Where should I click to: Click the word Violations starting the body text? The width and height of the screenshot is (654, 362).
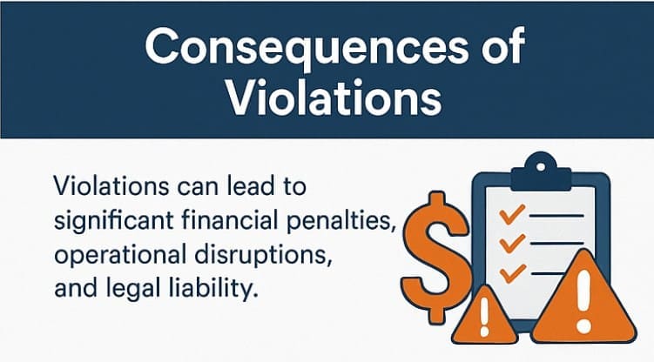click(111, 185)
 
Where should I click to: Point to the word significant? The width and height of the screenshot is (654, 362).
click(114, 221)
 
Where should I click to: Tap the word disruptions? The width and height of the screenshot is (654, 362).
click(263, 255)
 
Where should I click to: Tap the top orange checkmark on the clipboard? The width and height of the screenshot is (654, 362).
click(511, 214)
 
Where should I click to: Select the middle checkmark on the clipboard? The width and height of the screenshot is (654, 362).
click(512, 244)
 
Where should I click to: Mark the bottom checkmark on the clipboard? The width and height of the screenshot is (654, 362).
click(512, 273)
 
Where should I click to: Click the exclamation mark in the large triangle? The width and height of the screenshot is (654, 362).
click(583, 301)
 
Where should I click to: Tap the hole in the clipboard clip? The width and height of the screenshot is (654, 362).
click(541, 167)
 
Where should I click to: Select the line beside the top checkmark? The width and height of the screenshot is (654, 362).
click(556, 216)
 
